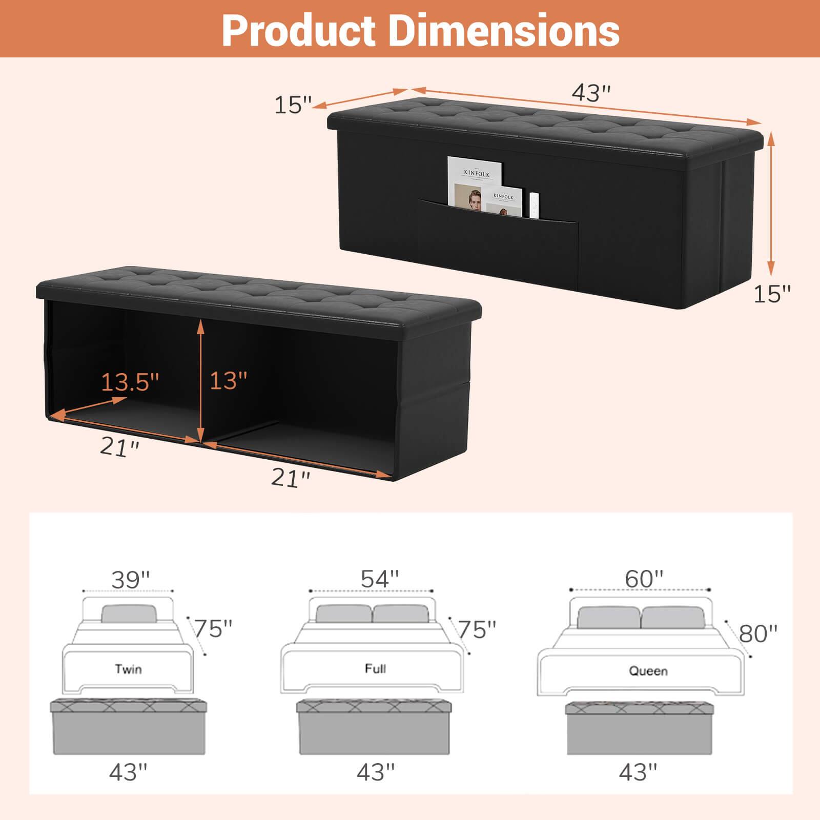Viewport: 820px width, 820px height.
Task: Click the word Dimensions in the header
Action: click(504, 30)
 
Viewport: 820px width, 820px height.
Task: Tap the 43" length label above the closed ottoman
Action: click(591, 93)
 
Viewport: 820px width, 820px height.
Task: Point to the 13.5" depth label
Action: click(130, 382)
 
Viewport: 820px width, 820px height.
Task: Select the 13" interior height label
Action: click(229, 380)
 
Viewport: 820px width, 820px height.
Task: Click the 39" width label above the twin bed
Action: click(131, 579)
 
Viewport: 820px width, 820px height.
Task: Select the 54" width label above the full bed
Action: click(380, 579)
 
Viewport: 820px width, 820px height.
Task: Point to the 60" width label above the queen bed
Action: click(644, 579)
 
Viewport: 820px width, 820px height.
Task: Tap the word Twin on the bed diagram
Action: click(128, 669)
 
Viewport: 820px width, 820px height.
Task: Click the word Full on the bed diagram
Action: click(376, 668)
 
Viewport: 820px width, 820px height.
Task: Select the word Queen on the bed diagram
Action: click(648, 671)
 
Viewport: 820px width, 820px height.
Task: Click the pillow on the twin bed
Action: click(129, 613)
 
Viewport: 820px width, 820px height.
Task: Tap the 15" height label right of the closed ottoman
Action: click(772, 294)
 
